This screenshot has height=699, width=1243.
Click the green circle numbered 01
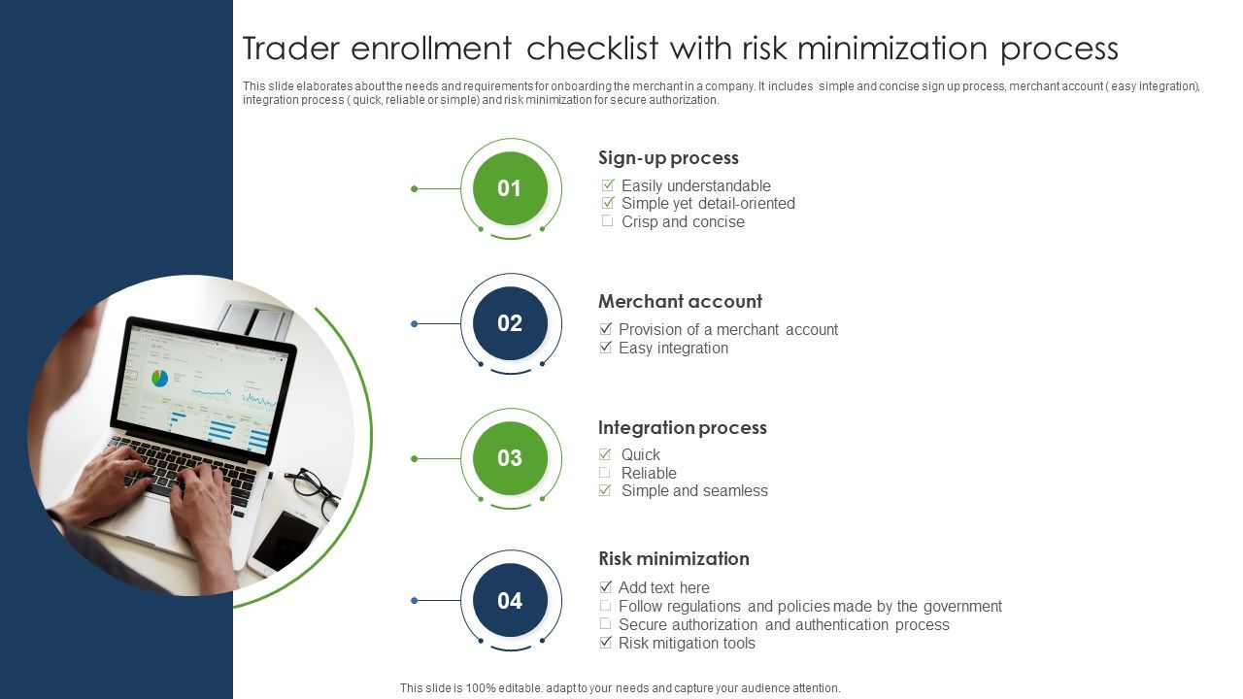click(510, 188)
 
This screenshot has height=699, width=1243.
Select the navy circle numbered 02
click(510, 323)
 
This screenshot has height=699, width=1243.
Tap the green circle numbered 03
click(510, 458)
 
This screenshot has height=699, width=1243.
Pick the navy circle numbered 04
click(510, 600)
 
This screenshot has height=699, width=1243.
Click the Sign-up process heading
click(668, 158)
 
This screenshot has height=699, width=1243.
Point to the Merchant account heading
click(680, 301)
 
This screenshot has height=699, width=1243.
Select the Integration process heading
click(683, 428)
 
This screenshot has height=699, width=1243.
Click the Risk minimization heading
click(674, 558)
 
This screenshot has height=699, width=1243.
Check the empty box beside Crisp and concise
click(608, 220)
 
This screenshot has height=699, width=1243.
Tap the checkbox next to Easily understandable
click(608, 184)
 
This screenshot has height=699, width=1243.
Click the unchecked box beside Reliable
click(605, 473)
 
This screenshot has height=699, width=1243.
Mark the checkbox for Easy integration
click(605, 348)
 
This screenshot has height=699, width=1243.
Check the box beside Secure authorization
click(605, 623)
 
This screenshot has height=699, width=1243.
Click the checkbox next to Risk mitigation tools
click(605, 643)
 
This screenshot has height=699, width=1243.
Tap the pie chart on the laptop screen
click(160, 379)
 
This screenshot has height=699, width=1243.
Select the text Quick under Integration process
click(640, 455)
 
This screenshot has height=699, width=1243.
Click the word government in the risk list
click(962, 607)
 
